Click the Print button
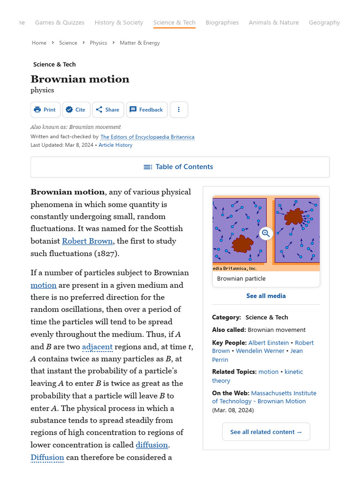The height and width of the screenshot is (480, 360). tap(45, 110)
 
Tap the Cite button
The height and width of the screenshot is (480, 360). tap(76, 110)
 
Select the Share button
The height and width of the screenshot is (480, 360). tap(108, 110)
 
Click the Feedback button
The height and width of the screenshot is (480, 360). tap(146, 110)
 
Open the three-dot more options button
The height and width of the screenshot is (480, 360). tap(179, 110)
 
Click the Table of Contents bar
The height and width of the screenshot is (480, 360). tap(180, 167)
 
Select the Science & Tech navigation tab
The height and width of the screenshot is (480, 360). tap(174, 22)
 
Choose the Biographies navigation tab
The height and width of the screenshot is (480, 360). tap(222, 22)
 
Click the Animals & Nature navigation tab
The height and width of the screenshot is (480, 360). tap(274, 22)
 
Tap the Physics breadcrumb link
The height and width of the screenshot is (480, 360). tap(98, 43)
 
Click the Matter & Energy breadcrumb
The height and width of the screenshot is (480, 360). tap(140, 43)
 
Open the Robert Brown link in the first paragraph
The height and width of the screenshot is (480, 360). tap(87, 241)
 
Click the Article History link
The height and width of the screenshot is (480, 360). tap(115, 145)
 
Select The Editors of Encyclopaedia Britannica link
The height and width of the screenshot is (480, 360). tap(147, 137)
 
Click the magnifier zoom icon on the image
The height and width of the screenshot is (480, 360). tap(266, 233)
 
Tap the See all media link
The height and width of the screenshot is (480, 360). tap(266, 296)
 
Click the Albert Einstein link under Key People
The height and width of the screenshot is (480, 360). tap(268, 343)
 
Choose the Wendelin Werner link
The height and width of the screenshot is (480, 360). tap(260, 351)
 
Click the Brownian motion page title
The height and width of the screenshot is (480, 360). tap(80, 79)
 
